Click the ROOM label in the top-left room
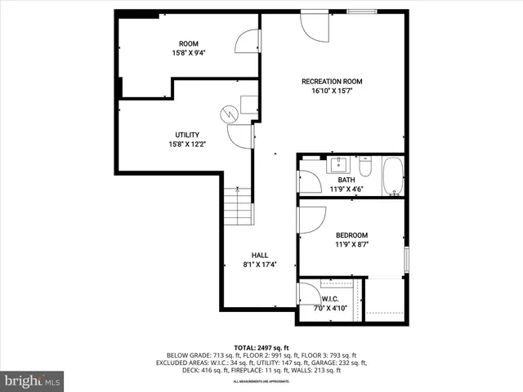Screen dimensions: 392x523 [x=188, y=44]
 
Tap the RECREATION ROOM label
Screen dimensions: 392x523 [x=331, y=82]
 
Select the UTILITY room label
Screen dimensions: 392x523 [x=187, y=135]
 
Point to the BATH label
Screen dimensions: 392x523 [x=346, y=180]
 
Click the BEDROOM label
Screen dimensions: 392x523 [x=351, y=235]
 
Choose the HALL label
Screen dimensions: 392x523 [x=259, y=255]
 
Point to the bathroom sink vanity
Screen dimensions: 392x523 [x=338, y=166]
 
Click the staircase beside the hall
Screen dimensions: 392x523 [x=238, y=206]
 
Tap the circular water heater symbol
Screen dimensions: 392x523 [x=230, y=114]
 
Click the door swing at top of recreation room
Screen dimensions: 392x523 [x=315, y=27]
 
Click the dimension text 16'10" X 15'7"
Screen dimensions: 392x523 [x=331, y=91]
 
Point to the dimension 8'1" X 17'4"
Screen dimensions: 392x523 [x=259, y=265]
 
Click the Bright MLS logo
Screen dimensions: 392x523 [x=33, y=381]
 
